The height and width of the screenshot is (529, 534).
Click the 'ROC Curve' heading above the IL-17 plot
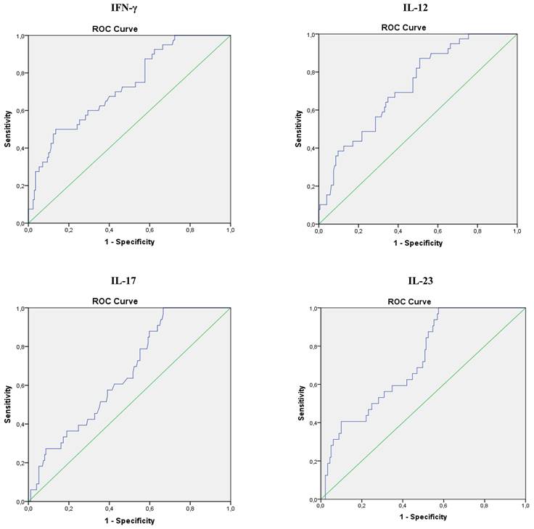coord(115,301)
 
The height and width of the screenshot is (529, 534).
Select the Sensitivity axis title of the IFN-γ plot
coord(8,129)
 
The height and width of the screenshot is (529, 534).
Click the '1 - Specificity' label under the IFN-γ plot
coord(129,241)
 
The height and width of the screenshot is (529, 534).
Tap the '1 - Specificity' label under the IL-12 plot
coord(417,243)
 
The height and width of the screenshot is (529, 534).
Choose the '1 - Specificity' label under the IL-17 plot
coord(129,520)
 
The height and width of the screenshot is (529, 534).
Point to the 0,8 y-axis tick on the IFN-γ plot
coord(20,73)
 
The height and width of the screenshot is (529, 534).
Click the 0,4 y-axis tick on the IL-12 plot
coord(310,149)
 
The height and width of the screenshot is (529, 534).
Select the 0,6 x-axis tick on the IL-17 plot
coord(149,509)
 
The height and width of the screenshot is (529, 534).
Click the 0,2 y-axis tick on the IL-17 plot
coord(20,463)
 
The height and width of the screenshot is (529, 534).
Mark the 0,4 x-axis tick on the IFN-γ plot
coord(109,230)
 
